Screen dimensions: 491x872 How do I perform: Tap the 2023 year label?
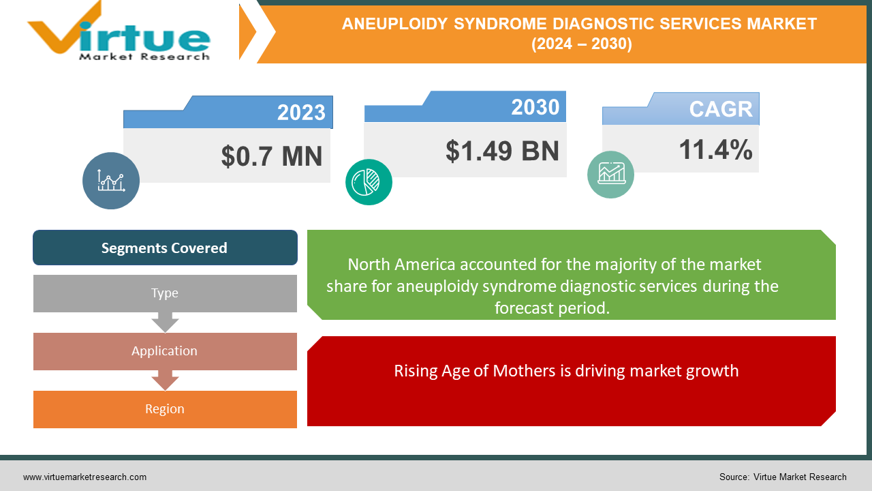coord(301,113)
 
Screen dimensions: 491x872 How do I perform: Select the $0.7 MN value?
coord(271,156)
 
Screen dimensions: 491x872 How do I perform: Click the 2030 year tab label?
coord(535,107)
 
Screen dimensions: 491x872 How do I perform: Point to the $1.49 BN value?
coord(502,151)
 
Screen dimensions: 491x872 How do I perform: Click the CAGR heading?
coord(720,109)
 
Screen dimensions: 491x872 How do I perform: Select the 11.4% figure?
coord(715,149)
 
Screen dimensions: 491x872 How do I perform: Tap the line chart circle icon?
coord(111,181)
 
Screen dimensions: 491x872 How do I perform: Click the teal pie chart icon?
coord(369,181)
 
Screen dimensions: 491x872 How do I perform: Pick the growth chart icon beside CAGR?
coord(610,175)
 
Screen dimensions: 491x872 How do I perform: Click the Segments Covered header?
coord(165,248)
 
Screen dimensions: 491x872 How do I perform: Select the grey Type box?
coord(165,293)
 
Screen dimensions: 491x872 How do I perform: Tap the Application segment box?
coord(165,351)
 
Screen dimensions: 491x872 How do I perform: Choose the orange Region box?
coord(165,409)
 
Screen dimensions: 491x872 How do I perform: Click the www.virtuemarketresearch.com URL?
coord(84,477)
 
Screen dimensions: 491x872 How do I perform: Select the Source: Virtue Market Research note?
coord(783,477)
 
